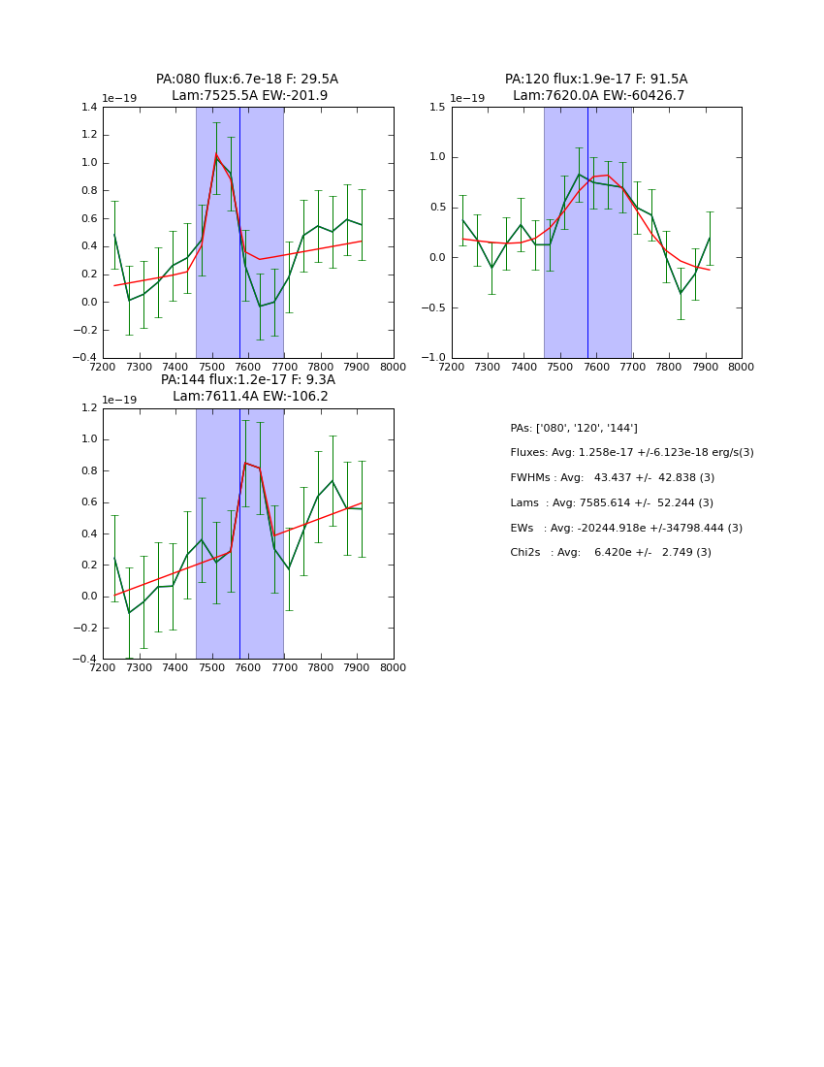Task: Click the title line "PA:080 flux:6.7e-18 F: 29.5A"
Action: (247, 80)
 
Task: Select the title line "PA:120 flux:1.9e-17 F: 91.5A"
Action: (596, 80)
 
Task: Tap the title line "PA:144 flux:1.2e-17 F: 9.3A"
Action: (247, 380)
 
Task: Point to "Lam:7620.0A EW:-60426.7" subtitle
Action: (598, 96)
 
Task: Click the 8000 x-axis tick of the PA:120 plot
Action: (742, 368)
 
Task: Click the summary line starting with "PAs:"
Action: (574, 429)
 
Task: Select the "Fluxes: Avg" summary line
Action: (631, 453)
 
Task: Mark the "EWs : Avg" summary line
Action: (625, 528)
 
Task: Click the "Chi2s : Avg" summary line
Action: (610, 553)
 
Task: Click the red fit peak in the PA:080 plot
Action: (216, 154)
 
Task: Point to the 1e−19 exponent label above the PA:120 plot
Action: (467, 98)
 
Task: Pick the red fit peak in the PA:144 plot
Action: (245, 463)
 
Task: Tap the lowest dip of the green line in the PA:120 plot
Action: (681, 293)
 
